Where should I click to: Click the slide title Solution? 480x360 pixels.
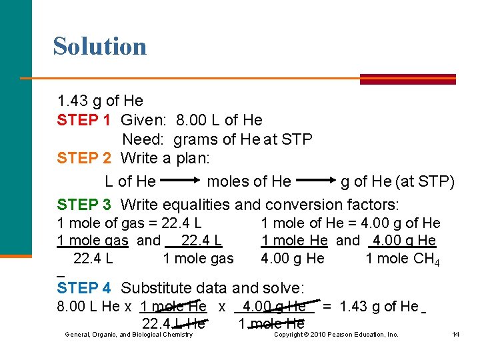tap(99, 46)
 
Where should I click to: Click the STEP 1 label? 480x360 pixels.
tap(84, 120)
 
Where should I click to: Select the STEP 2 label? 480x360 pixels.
tap(84, 159)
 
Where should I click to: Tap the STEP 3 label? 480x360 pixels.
tap(84, 204)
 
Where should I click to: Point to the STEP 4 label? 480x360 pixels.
tap(84, 289)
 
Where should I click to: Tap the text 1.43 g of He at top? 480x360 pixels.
tap(100, 101)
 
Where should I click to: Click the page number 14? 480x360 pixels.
tap(455, 335)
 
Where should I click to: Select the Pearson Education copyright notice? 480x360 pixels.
tap(337, 335)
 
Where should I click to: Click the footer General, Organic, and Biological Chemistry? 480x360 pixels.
tap(128, 335)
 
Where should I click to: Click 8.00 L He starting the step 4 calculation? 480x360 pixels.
tap(89, 307)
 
